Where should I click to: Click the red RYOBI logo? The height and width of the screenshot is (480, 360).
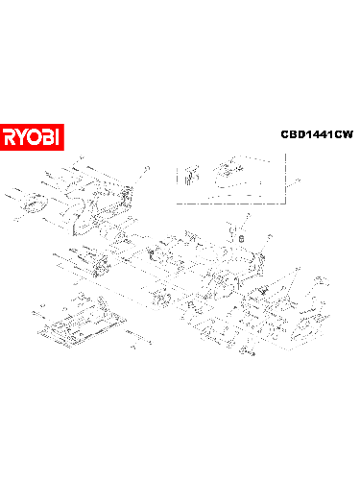[32, 136]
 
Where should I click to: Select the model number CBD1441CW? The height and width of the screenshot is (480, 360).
[316, 135]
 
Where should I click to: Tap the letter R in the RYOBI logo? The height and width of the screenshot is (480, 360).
[10, 136]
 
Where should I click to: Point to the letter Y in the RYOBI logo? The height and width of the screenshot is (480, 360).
[22, 136]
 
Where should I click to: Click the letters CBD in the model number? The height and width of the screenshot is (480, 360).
[291, 135]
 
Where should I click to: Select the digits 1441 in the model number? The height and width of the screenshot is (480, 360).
[317, 135]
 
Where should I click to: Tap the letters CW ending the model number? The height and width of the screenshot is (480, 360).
[343, 135]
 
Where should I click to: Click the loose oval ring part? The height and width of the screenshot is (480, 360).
[36, 204]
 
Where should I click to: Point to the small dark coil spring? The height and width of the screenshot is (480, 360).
[242, 237]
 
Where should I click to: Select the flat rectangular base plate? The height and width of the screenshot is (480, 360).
[82, 326]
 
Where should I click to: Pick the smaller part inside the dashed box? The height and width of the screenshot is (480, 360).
[189, 175]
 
